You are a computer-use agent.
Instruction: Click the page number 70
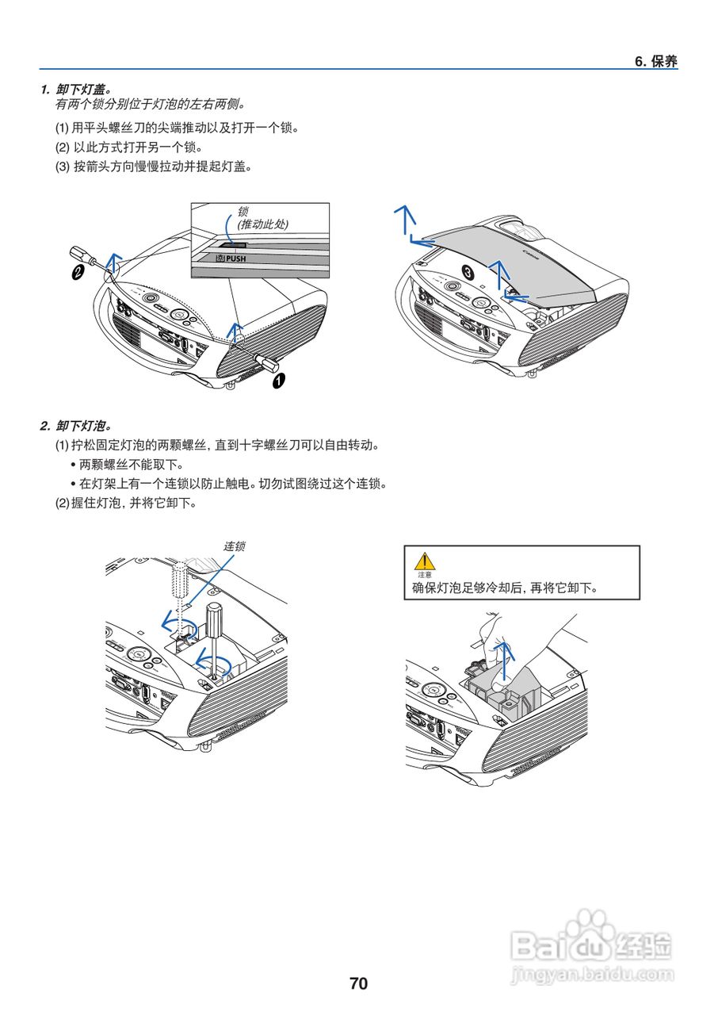(x=358, y=984)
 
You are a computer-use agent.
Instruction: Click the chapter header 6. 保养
(x=655, y=62)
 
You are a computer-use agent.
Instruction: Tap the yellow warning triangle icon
(x=426, y=562)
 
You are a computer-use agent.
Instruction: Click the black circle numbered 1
(x=278, y=381)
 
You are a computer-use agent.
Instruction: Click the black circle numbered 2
(x=78, y=274)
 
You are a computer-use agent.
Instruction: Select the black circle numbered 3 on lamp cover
(x=469, y=272)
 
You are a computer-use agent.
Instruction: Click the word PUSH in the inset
(x=235, y=259)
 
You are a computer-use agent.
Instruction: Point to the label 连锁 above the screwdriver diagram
(x=234, y=546)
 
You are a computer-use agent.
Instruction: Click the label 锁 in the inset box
(x=243, y=212)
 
